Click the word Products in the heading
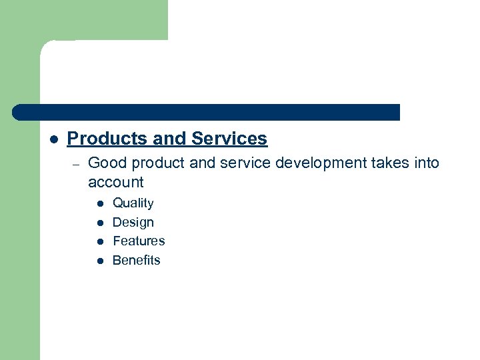coord(107,139)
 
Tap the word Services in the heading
coord(229,139)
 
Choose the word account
coord(115,182)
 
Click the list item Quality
coord(133,203)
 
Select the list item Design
coord(133,223)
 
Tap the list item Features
coord(139,241)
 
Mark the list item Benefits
coord(137,261)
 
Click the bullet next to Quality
coord(99,204)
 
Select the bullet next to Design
coord(99,223)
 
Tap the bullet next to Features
coord(99,242)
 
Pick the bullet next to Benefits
coord(99,261)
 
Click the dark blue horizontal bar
coord(207,112)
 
